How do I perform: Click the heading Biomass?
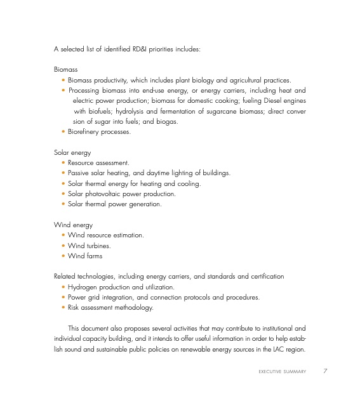[66, 70]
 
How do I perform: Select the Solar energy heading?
[72, 153]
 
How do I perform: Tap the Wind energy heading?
[73, 225]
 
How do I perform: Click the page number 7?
[325, 371]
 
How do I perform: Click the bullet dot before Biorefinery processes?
[63, 132]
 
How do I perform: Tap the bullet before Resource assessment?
[63, 163]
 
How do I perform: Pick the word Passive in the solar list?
[78, 173]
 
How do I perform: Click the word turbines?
[98, 246]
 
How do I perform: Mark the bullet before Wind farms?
[63, 256]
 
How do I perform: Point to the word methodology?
[133, 307]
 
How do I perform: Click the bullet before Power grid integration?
[63, 297]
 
